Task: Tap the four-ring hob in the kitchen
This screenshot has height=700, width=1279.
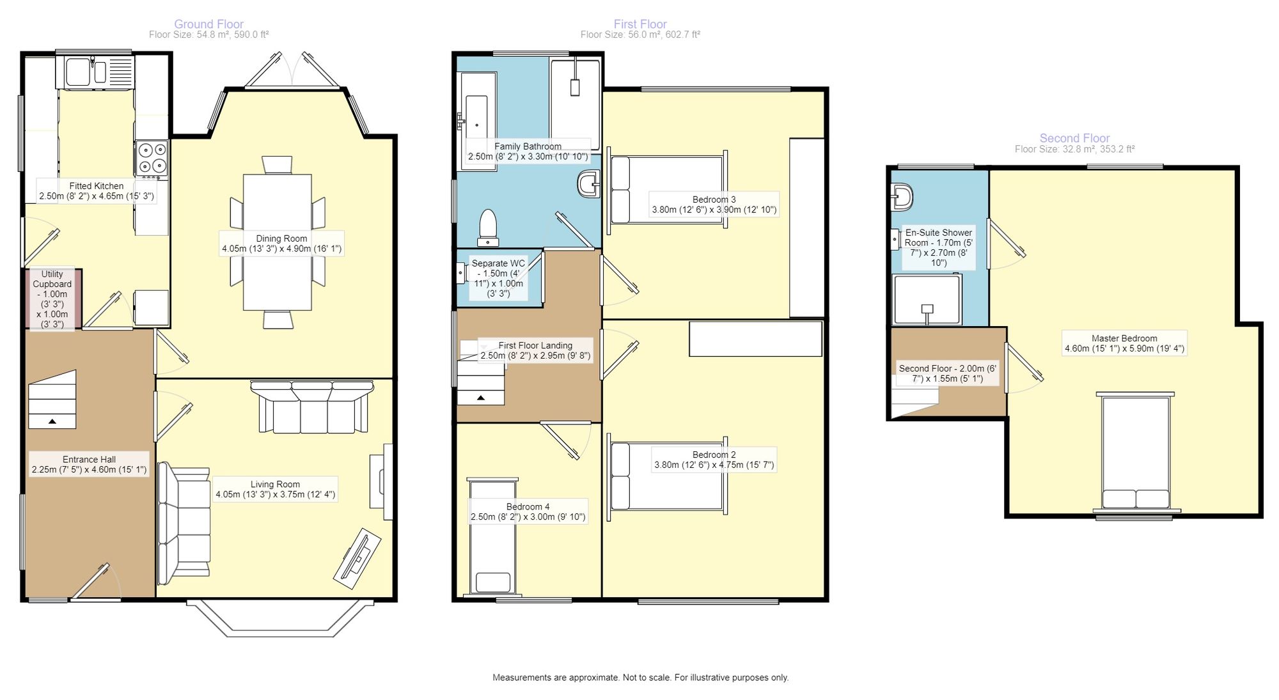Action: [x=152, y=158]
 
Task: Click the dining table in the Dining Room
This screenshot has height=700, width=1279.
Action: [x=278, y=242]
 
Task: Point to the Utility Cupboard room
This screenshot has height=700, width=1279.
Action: [x=53, y=299]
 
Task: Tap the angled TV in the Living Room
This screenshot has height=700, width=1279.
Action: [x=357, y=558]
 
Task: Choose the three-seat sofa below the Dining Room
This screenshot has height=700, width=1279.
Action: [x=312, y=407]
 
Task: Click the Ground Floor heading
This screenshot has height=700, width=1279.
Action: [x=208, y=24]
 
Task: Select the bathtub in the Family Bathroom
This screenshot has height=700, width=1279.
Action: [x=477, y=121]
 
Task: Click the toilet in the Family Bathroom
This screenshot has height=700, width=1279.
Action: [x=488, y=228]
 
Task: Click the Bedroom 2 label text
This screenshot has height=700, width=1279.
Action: [x=714, y=455]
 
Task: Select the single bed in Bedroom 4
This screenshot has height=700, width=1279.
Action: [x=492, y=537]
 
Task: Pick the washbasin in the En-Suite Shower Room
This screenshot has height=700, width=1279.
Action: [x=902, y=198]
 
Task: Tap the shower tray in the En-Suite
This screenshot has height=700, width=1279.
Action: [x=927, y=299]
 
